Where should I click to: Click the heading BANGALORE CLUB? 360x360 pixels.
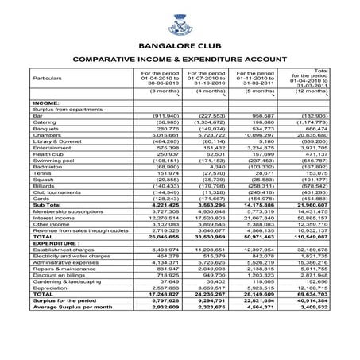tap(180, 46)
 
